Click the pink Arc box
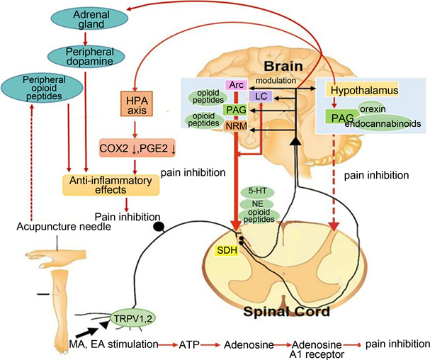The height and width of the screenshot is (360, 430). click(234, 85)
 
